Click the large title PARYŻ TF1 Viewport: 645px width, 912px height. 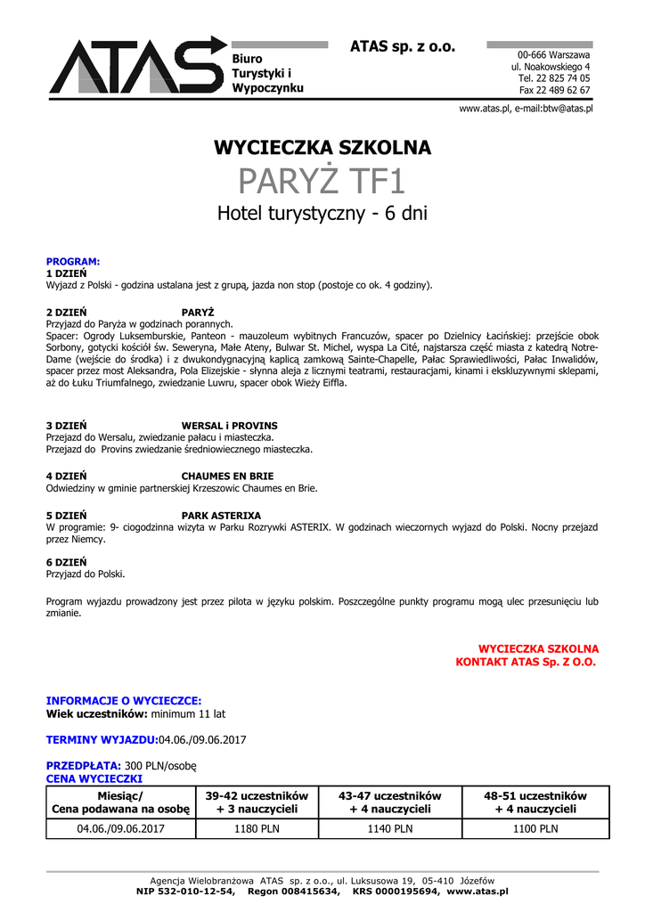pyautogui.click(x=322, y=182)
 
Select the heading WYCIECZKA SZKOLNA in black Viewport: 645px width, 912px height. pyautogui.click(x=322, y=148)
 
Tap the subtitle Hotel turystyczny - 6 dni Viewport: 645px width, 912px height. pyautogui.click(x=322, y=214)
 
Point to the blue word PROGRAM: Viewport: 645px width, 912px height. pyautogui.click(x=73, y=262)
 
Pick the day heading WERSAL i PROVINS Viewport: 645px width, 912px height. pyautogui.click(x=230, y=426)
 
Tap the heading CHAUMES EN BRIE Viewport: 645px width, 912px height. pyautogui.click(x=228, y=476)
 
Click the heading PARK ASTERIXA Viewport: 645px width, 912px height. pyautogui.click(x=222, y=516)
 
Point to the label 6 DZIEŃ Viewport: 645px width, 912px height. pyautogui.click(x=67, y=563)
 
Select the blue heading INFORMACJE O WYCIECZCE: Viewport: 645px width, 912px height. pyautogui.click(x=124, y=701)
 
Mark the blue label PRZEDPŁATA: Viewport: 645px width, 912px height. pyautogui.click(x=84, y=765)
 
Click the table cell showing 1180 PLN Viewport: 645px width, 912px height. pyautogui.click(x=257, y=828)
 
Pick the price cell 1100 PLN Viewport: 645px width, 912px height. pyautogui.click(x=535, y=828)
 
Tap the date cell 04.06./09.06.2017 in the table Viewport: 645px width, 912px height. pyautogui.click(x=121, y=828)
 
